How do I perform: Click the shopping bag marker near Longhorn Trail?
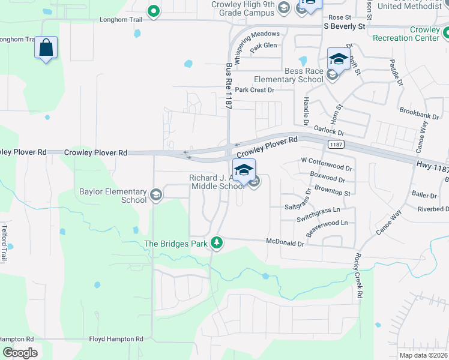[x=46, y=48]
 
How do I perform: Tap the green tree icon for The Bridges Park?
[x=217, y=243]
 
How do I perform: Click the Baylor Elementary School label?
[x=113, y=196]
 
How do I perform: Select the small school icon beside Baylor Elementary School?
[x=156, y=193]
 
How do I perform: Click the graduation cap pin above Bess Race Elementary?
[x=339, y=59]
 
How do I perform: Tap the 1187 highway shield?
[x=336, y=145]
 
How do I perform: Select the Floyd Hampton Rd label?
[x=116, y=339]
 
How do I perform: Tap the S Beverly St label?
[x=344, y=26]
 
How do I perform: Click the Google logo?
[x=20, y=353]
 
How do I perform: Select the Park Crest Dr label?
[x=254, y=90]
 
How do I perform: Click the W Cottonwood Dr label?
[x=326, y=161]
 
